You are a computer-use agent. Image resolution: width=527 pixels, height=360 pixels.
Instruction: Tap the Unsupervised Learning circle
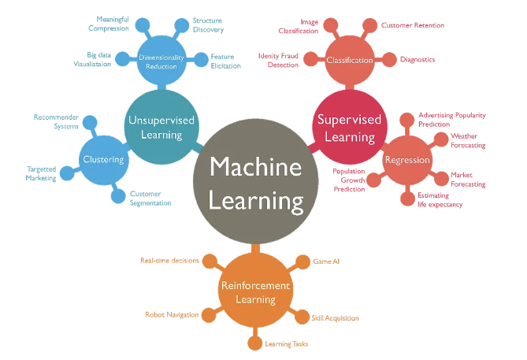[162, 127]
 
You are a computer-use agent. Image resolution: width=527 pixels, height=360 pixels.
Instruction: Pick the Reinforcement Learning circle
[254, 292]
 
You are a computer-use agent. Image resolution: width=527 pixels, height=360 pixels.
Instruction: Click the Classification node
[348, 60]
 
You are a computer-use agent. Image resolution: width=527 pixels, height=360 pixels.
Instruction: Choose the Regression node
[406, 160]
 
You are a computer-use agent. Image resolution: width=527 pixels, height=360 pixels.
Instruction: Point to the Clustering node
[103, 160]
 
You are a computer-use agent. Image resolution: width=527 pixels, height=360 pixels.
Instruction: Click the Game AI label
[326, 261]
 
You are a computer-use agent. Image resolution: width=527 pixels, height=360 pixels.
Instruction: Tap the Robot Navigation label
[172, 314]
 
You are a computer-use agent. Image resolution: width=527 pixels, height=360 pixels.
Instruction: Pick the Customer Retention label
[412, 26]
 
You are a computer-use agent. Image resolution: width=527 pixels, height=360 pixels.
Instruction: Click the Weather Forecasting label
[468, 141]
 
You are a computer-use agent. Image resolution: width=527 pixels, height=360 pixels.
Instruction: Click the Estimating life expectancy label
[440, 199]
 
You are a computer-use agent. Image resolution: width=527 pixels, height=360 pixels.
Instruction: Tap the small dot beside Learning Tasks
[254, 343]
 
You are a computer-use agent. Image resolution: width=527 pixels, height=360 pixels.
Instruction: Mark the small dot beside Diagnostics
[388, 60]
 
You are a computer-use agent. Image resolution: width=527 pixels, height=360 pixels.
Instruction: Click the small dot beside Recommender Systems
[89, 122]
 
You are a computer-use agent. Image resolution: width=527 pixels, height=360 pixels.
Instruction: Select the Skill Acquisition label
[335, 318]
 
